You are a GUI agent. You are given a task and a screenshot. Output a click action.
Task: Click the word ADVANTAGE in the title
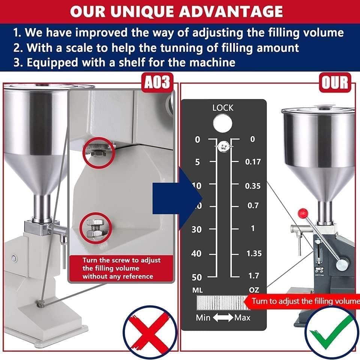[230, 11]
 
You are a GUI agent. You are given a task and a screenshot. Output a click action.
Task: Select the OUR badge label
[335, 82]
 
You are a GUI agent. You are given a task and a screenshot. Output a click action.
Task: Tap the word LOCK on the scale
[223, 108]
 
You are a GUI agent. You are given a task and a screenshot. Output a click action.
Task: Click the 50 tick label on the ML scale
[197, 277]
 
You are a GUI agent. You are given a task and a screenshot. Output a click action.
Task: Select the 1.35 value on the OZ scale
[254, 253]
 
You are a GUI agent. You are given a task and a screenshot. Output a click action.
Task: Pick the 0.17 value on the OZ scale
[253, 162]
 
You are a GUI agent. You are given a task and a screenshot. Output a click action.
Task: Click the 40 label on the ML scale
[196, 253]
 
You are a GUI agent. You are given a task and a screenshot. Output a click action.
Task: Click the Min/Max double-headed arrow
[223, 318]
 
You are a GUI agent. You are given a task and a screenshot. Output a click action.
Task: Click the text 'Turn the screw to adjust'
[121, 260]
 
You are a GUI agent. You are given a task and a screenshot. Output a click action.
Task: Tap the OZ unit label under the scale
[254, 290]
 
